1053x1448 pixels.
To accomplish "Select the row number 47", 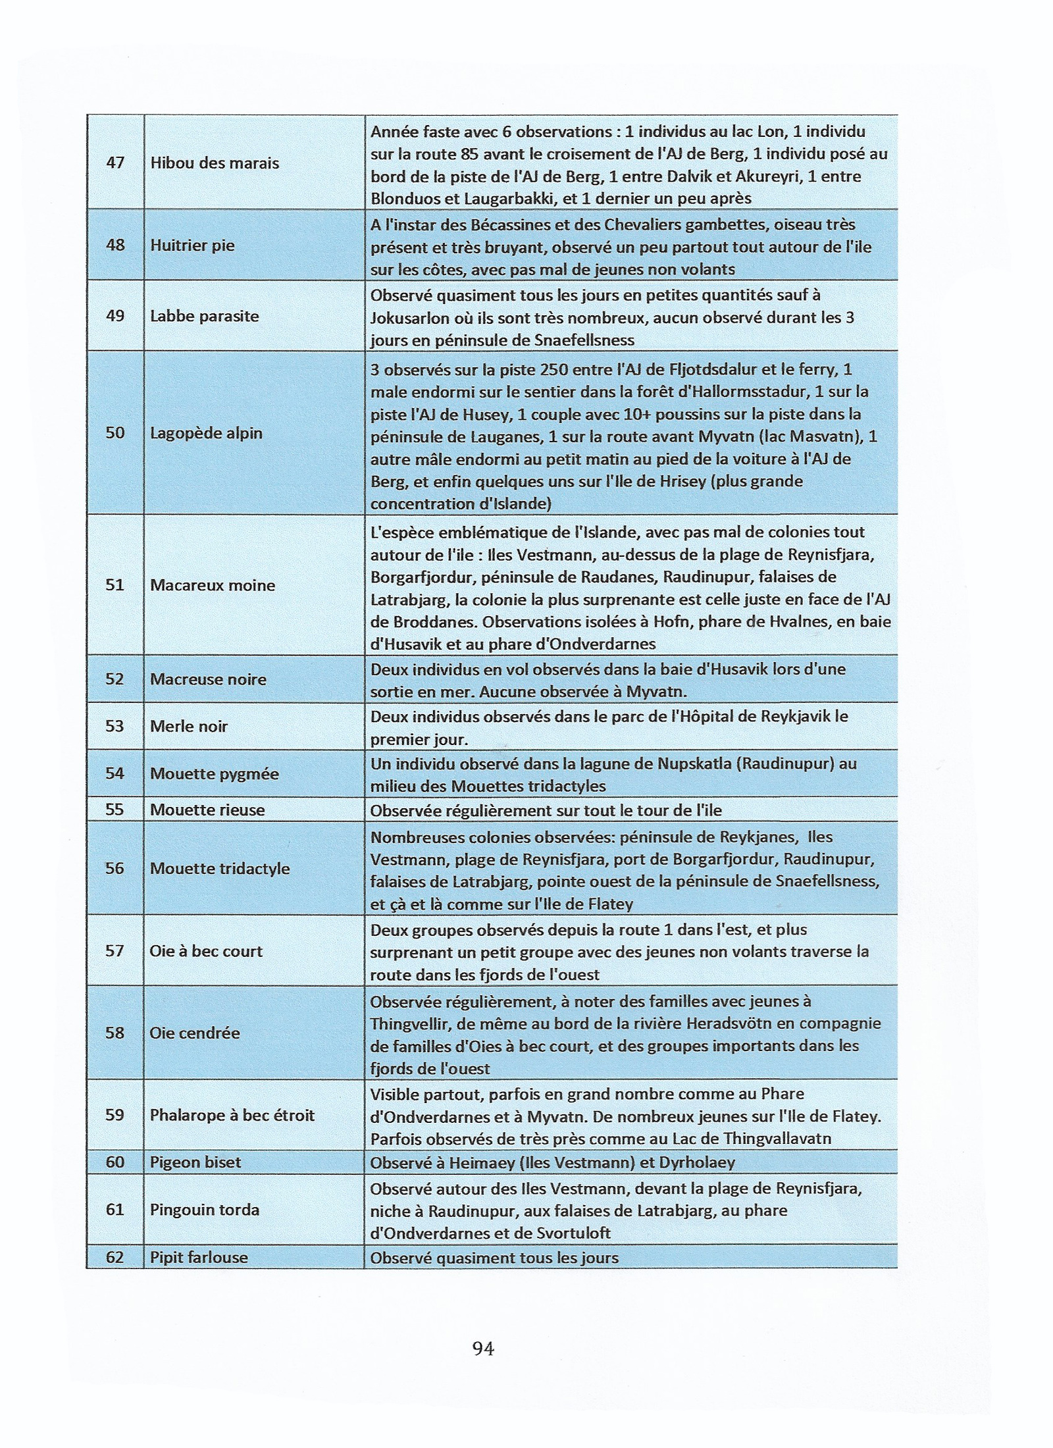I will pyautogui.click(x=115, y=163).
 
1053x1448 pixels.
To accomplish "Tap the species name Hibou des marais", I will pyautogui.click(x=215, y=163).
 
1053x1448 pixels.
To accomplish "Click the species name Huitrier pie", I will pyautogui.click(x=192, y=246).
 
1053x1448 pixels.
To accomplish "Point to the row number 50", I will pyautogui.click(x=115, y=432).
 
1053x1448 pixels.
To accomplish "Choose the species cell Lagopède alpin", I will pyautogui.click(x=206, y=433).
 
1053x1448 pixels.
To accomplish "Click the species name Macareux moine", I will pyautogui.click(x=213, y=585).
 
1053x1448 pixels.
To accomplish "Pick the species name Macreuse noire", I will pyautogui.click(x=208, y=679).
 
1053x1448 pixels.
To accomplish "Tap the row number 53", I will pyautogui.click(x=115, y=726).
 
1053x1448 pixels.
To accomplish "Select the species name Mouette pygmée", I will pyautogui.click(x=215, y=773).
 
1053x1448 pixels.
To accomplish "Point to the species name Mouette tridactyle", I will pyautogui.click(x=220, y=868).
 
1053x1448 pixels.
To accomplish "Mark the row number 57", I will pyautogui.click(x=115, y=951).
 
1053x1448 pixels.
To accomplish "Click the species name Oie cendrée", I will pyautogui.click(x=195, y=1033).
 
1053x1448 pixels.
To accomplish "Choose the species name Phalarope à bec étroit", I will pyautogui.click(x=232, y=1115).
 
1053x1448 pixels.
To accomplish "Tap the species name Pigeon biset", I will pyautogui.click(x=195, y=1162).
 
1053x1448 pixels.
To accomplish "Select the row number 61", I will pyautogui.click(x=115, y=1209).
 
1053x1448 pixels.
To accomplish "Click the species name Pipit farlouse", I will pyautogui.click(x=199, y=1257).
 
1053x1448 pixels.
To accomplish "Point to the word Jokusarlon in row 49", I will pyautogui.click(x=411, y=318).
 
